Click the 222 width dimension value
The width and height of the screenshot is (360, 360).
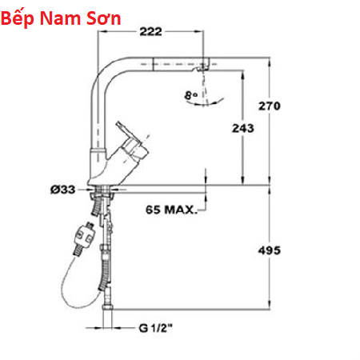pyautogui.click(x=150, y=32)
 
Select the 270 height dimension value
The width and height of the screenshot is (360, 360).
pyautogui.click(x=270, y=106)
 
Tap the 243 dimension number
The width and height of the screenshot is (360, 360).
pyautogui.click(x=242, y=128)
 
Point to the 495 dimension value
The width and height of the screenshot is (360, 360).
pyautogui.click(x=270, y=250)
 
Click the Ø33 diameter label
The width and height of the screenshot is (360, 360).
pyautogui.click(x=63, y=190)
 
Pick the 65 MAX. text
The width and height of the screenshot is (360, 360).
pyautogui.click(x=171, y=210)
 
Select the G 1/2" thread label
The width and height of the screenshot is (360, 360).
pyautogui.click(x=156, y=328)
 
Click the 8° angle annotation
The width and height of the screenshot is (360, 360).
pyautogui.click(x=190, y=95)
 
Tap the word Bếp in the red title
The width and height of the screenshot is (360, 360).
pyautogui.click(x=18, y=18)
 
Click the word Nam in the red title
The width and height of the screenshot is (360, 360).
pyautogui.click(x=60, y=18)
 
